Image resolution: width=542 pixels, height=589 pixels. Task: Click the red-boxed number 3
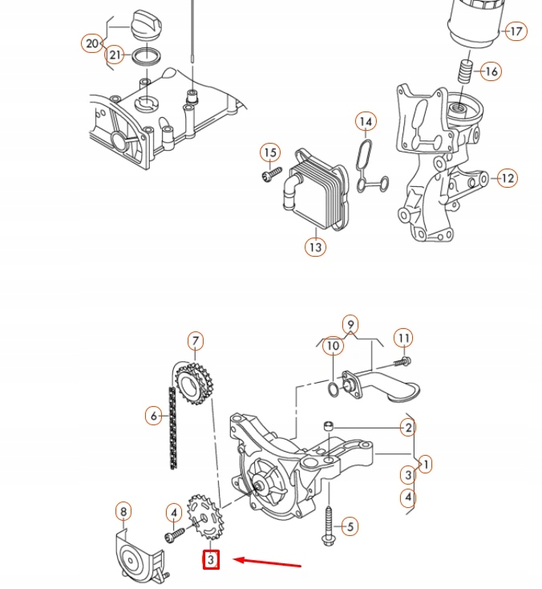point(210,559)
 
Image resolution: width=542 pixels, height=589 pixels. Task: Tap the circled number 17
point(516,32)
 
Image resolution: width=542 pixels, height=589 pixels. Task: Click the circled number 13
point(315,247)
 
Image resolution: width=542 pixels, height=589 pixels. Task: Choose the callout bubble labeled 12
point(507,177)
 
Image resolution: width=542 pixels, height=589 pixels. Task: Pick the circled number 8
point(123,511)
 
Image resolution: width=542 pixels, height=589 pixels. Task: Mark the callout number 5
point(349,527)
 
